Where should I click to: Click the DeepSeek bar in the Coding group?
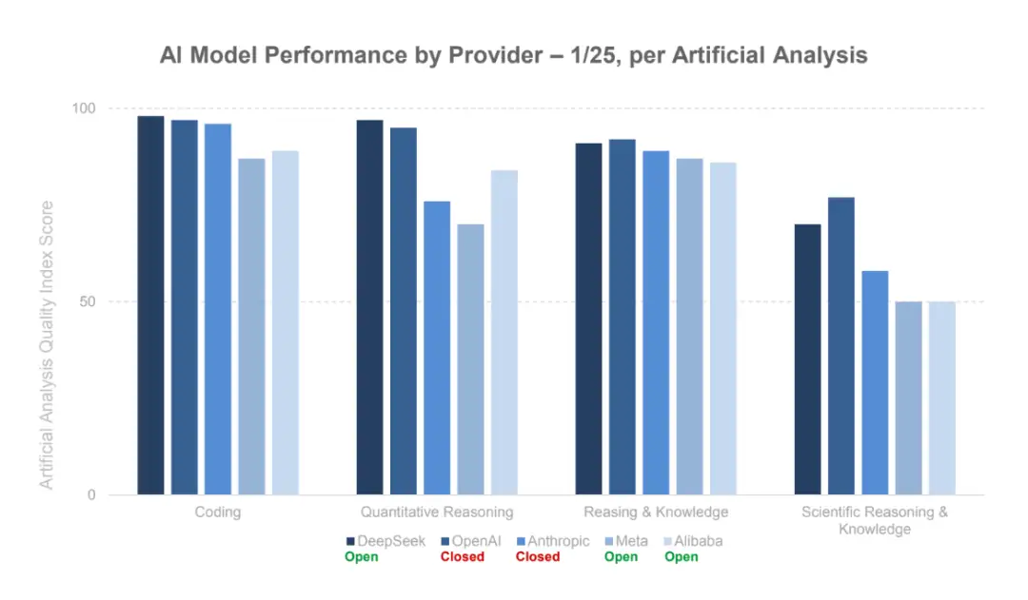(x=150, y=305)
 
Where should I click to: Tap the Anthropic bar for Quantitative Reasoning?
(x=437, y=348)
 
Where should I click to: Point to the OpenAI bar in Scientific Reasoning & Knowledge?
(x=840, y=346)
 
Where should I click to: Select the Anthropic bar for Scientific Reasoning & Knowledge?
(x=875, y=383)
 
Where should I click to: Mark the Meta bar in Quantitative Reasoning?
(x=470, y=359)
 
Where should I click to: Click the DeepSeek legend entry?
(x=385, y=541)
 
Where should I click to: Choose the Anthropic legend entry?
(x=551, y=541)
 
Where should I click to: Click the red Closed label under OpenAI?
(x=463, y=557)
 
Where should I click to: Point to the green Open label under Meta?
(x=621, y=557)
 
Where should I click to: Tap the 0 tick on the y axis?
(x=91, y=495)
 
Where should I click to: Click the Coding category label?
(x=217, y=513)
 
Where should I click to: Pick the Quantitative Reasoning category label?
(x=438, y=513)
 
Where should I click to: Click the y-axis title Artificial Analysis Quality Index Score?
(x=46, y=345)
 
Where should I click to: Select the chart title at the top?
(x=513, y=55)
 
